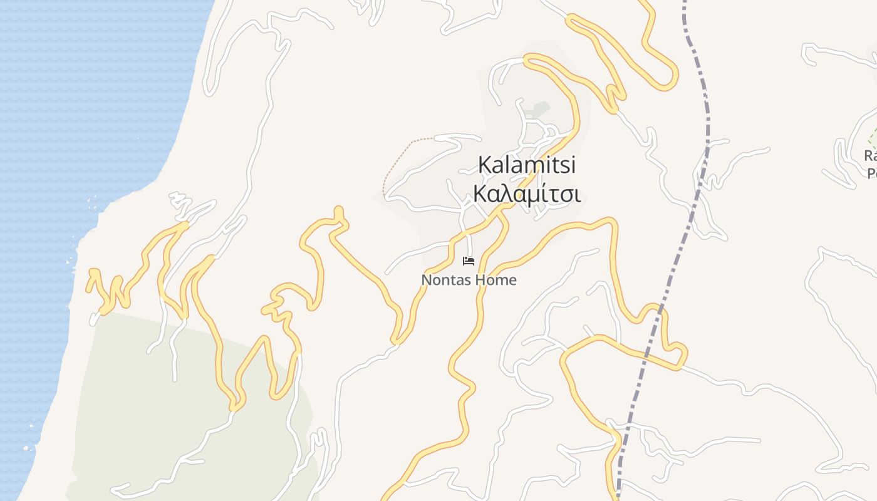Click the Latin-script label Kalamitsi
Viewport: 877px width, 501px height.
(x=526, y=165)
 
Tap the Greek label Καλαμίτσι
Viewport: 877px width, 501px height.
(x=526, y=194)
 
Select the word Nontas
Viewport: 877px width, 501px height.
(x=444, y=280)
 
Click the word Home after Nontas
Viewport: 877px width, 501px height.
(x=495, y=280)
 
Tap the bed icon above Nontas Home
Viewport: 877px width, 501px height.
(x=469, y=261)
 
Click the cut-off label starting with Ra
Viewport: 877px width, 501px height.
(x=870, y=155)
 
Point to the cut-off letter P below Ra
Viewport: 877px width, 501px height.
(x=871, y=172)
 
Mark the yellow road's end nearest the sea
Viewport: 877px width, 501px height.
(x=93, y=273)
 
